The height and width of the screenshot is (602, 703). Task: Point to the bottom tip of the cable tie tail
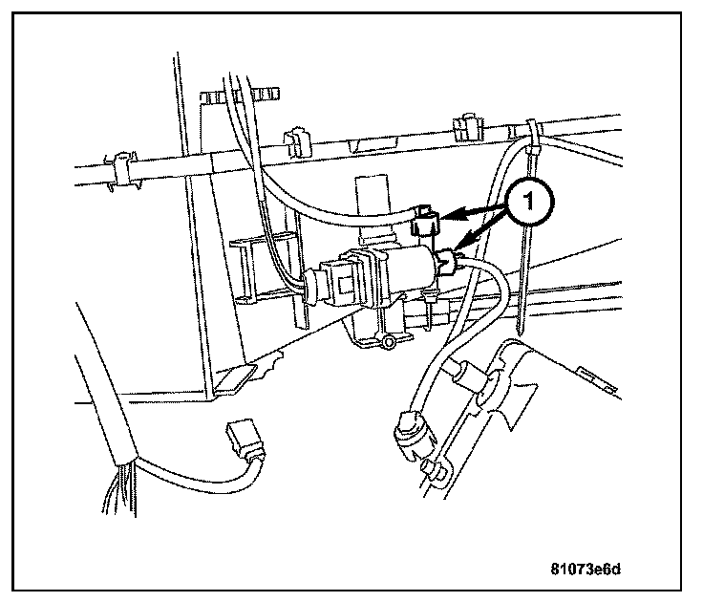[x=523, y=330]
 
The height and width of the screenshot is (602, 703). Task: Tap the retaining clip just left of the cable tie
[x=466, y=127]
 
